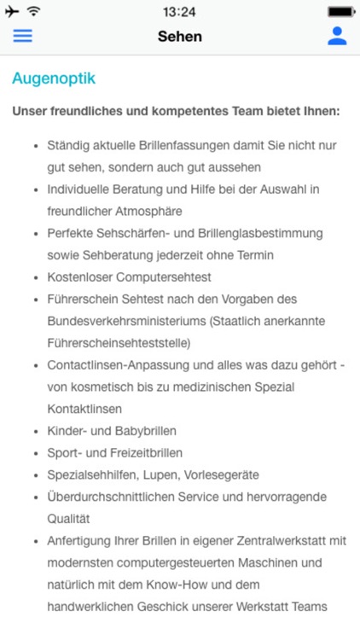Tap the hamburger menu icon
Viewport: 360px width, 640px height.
22,36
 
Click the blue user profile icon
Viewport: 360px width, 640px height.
338,36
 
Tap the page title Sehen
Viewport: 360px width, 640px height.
180,36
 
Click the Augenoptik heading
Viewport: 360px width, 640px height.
54,79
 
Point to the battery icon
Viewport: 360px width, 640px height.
341,12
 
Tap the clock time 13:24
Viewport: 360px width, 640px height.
179,12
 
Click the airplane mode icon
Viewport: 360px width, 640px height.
13,12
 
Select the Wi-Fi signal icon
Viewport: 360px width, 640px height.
34,12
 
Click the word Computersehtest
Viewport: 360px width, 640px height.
166,276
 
